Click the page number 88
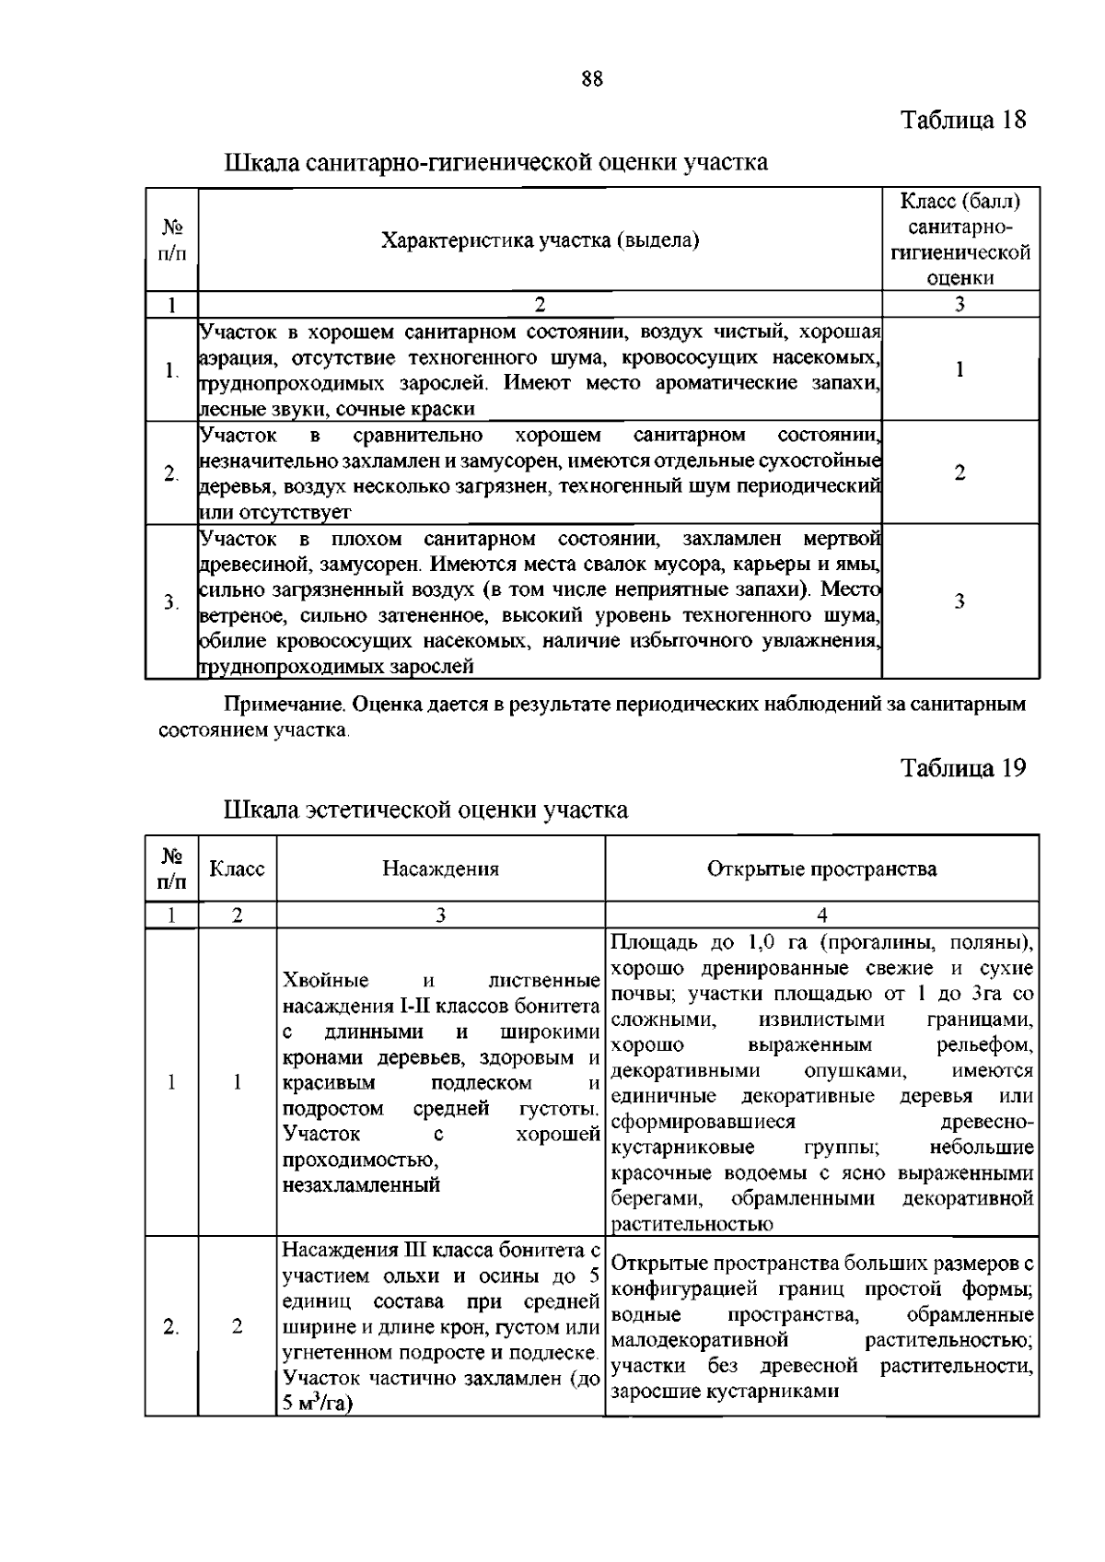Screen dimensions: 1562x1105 pos(592,79)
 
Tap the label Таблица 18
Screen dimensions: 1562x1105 pos(962,120)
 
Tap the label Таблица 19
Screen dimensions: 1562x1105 pos(962,768)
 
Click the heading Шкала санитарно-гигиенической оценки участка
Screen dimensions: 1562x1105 pos(496,163)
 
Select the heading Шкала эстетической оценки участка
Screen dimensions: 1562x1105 pos(426,810)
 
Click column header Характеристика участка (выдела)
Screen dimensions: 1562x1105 pos(540,240)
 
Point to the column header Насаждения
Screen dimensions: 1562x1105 pos(440,868)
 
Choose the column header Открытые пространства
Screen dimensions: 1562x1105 pos(821,868)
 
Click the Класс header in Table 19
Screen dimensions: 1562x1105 pos(237,868)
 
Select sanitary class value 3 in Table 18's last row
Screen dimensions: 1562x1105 pos(960,601)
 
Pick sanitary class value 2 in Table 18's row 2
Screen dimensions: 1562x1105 pos(960,473)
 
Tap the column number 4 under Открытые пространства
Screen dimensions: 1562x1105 pos(821,915)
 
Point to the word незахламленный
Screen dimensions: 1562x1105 pos(361,1185)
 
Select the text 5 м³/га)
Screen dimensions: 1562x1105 pos(319,1404)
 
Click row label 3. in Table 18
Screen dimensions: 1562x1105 pos(171,602)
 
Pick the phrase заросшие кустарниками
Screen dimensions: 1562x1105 pos(725,1392)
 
